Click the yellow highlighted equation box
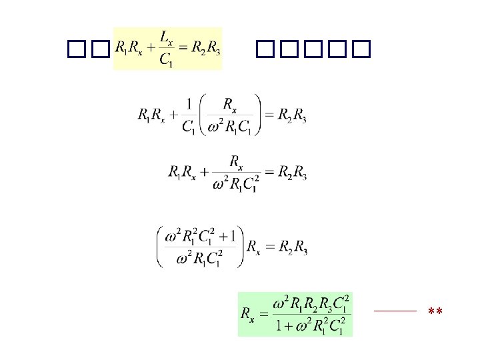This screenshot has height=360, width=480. click(167, 48)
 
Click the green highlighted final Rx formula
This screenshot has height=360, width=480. click(295, 313)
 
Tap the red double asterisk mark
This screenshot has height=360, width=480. click(435, 312)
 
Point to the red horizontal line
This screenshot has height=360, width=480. click(395, 311)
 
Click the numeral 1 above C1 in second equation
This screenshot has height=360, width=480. click(188, 104)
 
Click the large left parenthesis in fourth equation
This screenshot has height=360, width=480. click(161, 247)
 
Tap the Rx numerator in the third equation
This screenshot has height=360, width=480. click(235, 161)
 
